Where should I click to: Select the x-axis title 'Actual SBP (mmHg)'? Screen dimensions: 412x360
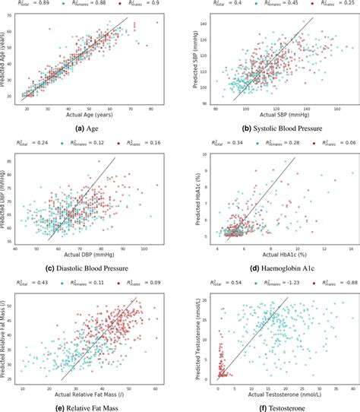click(x=273, y=119)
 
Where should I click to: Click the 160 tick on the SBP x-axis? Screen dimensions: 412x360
click(x=336, y=111)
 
